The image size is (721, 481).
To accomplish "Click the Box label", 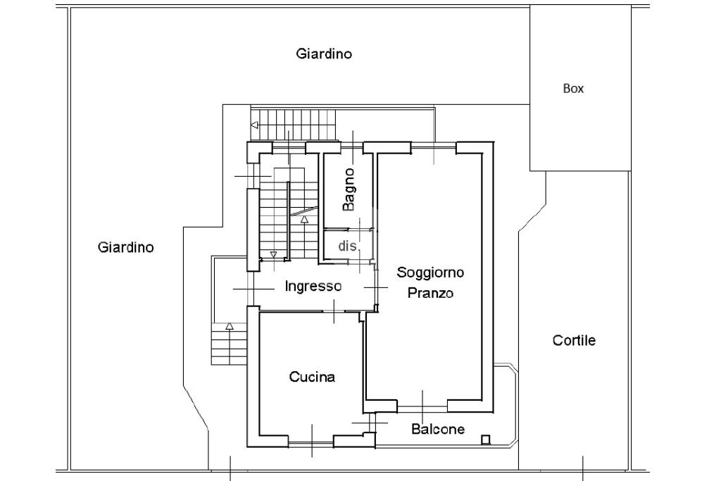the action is pos(573,88).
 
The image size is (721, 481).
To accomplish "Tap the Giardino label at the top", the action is pos(324,54).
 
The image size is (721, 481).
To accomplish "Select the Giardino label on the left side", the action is pos(125,247).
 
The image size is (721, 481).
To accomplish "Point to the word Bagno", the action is pos(349,189).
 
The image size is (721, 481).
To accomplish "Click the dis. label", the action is pos(348,246).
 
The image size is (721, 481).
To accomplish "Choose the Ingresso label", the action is pos(313,287).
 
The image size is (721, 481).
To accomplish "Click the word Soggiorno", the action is pos(430,273).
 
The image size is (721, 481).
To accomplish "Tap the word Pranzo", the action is pos(430,293).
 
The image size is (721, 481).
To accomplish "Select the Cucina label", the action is pos(312,377).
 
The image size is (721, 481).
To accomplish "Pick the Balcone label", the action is pos(438,429).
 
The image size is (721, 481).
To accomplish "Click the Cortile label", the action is pos(574,340).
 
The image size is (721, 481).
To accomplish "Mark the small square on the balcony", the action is pos(486,439).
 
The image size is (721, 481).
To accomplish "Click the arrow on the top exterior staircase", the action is pos(253,125).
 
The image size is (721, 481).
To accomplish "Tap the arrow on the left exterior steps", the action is pos(229,327).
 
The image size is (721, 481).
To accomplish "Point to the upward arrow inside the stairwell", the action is pos(304,219).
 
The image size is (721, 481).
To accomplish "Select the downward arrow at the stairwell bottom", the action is pos(274,254).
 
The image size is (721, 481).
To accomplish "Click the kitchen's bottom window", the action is pos(311,442).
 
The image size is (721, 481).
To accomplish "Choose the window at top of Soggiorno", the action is pos(434,147).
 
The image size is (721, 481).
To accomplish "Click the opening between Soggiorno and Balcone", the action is pos(422,408).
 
